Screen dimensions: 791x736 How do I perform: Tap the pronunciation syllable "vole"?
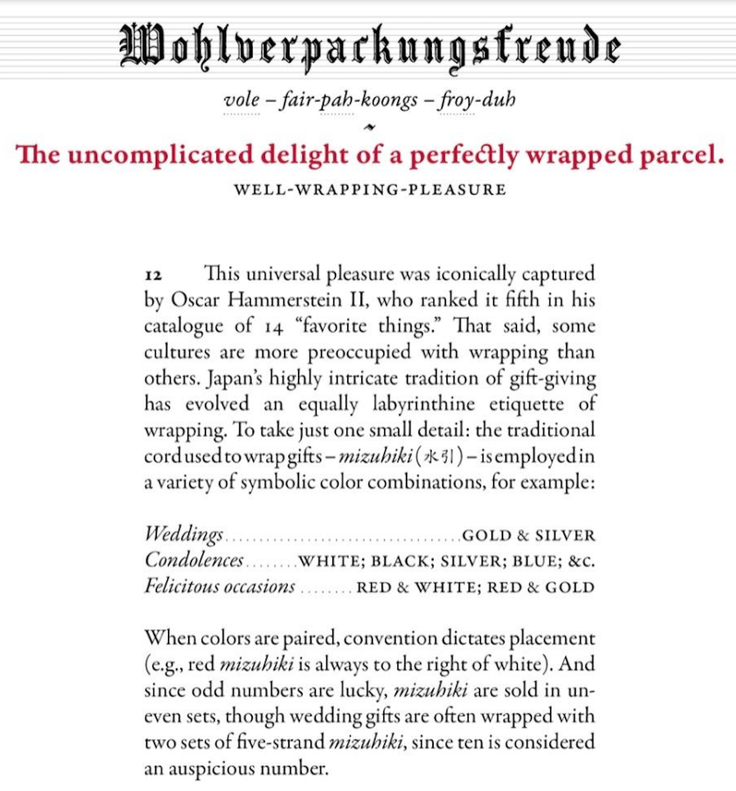click(x=241, y=99)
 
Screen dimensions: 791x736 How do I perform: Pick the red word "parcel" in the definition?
click(x=681, y=155)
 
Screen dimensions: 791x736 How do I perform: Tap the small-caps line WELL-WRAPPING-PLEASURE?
click(x=370, y=190)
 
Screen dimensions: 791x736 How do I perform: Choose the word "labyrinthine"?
click(x=423, y=404)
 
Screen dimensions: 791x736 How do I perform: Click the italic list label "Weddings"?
click(x=183, y=534)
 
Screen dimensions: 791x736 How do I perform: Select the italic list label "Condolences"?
click(x=194, y=560)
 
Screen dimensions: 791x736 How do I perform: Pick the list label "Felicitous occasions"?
click(x=220, y=587)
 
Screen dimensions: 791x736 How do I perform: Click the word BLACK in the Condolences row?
click(x=401, y=561)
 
